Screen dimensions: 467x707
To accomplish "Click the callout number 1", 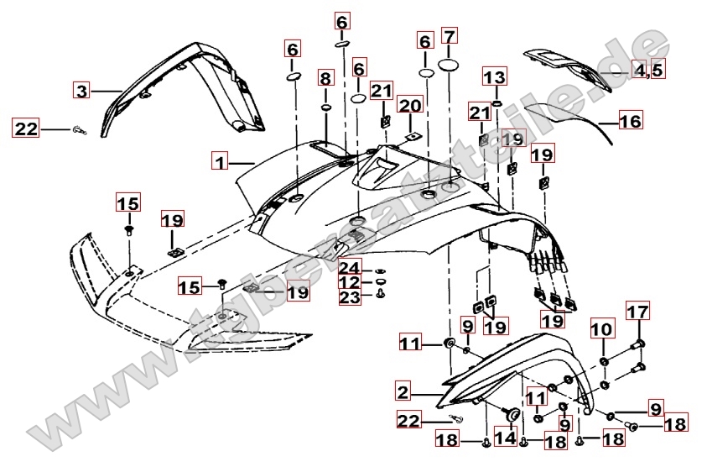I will [x=220, y=160].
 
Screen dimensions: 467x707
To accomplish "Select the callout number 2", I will [x=403, y=391].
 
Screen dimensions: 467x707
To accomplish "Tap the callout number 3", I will [x=81, y=91].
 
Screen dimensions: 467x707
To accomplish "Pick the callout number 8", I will [x=325, y=79].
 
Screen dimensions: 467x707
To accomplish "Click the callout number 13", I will [x=495, y=78].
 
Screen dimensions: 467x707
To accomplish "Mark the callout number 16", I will [x=631, y=122].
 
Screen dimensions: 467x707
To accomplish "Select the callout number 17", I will [x=638, y=312].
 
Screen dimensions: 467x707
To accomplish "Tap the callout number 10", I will [x=602, y=330].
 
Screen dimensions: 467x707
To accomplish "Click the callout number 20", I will [x=410, y=105].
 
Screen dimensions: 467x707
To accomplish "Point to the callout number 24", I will [x=349, y=268].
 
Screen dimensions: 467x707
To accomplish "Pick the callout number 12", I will [x=349, y=282].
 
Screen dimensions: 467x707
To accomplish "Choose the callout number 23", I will [x=349, y=296].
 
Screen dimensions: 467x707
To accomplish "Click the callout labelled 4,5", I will [x=648, y=70].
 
